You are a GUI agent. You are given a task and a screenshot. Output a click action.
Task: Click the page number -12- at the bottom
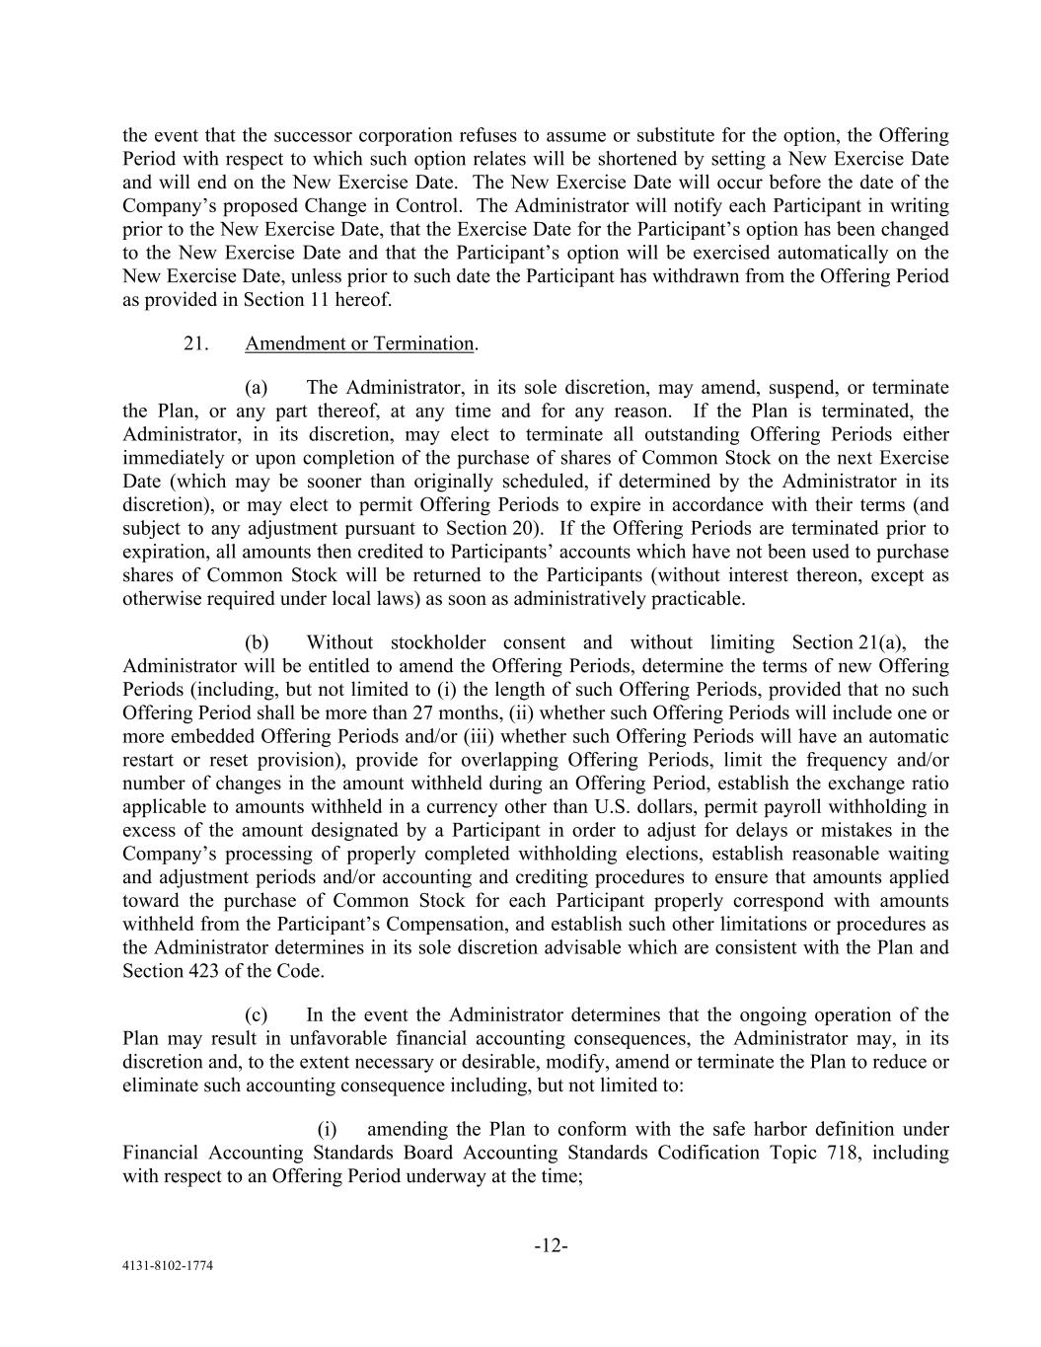pyautogui.click(x=551, y=1246)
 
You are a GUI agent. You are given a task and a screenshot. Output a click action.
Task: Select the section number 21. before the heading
pyautogui.click(x=194, y=343)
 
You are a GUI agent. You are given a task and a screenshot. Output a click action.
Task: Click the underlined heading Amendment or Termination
pyautogui.click(x=359, y=343)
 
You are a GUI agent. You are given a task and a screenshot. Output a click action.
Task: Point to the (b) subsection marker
pyautogui.click(x=258, y=642)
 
